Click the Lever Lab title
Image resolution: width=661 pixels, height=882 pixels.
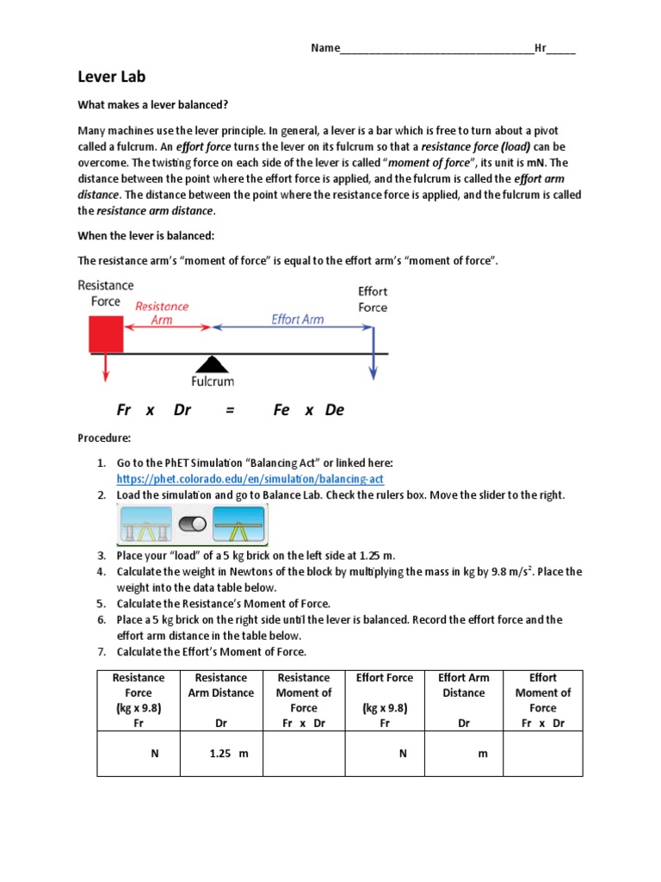coord(112,76)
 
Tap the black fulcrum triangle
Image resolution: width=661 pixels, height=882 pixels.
coord(211,363)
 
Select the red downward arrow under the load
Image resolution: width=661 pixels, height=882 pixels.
coord(105,366)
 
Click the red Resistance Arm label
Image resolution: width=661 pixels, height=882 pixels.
coord(162,313)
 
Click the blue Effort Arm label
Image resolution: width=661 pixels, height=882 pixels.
coord(298,319)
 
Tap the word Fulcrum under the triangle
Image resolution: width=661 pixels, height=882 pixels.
coord(213,380)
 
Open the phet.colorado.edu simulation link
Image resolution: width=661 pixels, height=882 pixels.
coord(250,478)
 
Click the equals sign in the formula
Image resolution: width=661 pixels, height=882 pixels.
coord(230,410)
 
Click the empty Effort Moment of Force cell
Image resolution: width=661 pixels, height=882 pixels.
coord(542,754)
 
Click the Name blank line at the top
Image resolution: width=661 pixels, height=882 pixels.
coord(437,48)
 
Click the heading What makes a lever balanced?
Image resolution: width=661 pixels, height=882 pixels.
coord(153,105)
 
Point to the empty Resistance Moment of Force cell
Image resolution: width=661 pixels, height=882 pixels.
coord(303,754)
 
